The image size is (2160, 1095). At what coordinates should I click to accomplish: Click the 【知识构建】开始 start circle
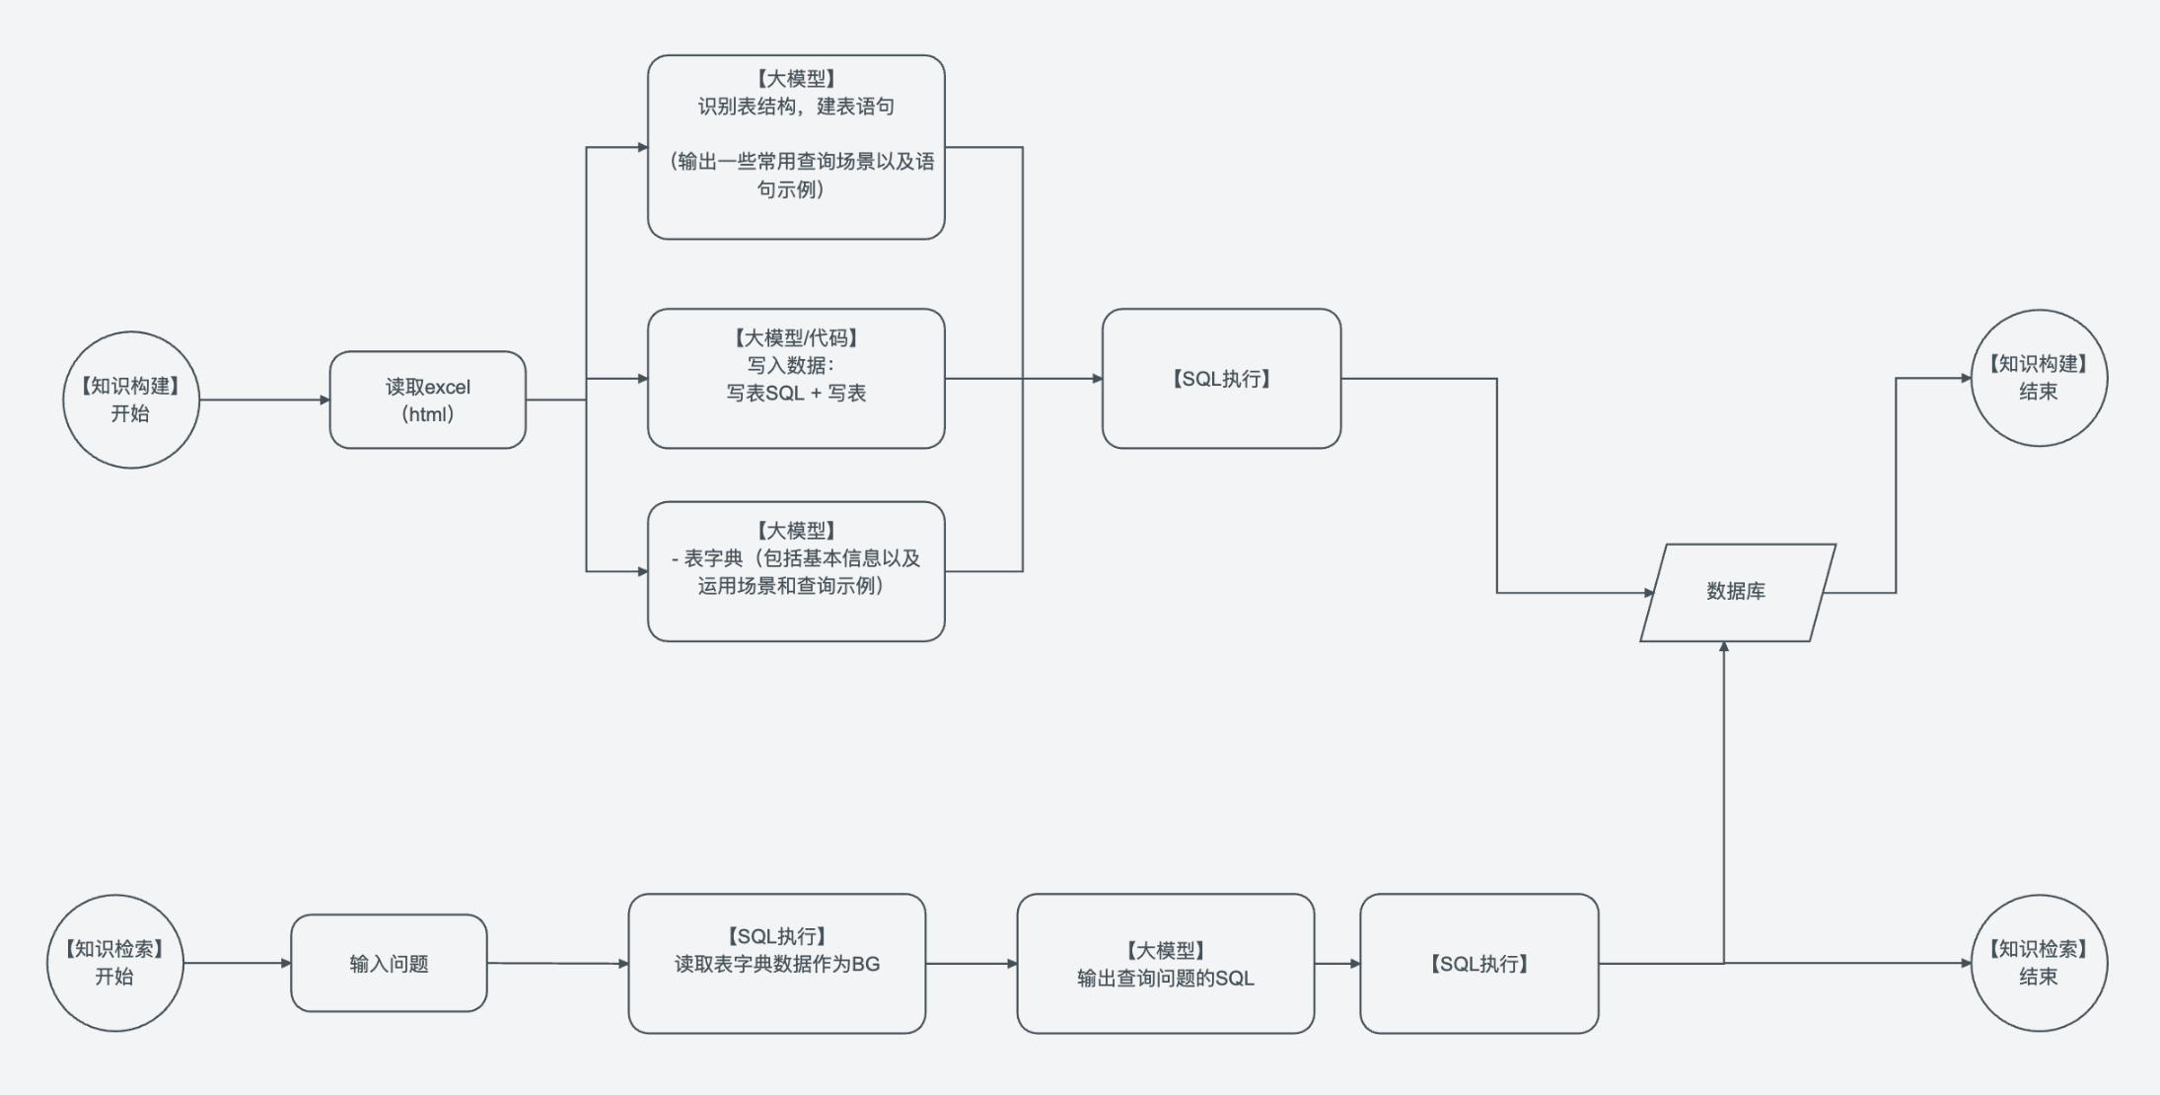point(131,400)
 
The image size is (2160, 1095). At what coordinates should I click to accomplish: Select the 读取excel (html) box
point(427,400)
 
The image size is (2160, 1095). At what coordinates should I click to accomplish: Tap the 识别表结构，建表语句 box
point(796,147)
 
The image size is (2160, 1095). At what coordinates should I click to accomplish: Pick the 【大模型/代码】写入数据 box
point(796,378)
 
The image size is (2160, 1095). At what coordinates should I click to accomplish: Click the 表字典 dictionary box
point(796,571)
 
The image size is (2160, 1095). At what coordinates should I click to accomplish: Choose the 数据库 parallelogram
point(1737,592)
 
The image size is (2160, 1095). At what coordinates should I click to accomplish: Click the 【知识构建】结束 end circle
point(2039,378)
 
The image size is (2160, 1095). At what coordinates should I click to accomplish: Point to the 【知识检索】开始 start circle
point(115,963)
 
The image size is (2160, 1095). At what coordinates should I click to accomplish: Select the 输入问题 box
point(389,963)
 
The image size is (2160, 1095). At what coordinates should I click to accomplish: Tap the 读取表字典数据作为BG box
point(776,963)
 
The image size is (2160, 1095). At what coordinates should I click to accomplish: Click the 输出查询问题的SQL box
point(1165,963)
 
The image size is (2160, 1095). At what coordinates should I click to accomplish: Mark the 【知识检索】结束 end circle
point(2039,963)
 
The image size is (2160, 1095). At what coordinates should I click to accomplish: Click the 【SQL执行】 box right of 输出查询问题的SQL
point(1478,963)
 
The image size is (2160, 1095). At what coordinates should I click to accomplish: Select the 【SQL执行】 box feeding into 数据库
point(1221,378)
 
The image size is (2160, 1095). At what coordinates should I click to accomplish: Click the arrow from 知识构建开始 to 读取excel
point(264,400)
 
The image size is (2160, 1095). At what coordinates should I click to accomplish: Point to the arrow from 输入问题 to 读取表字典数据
point(557,963)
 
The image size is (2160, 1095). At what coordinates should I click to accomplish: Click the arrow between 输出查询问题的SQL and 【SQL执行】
point(1337,963)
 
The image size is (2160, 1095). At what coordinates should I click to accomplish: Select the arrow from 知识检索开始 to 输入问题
point(237,963)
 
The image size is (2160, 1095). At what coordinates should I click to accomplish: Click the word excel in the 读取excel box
point(448,387)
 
